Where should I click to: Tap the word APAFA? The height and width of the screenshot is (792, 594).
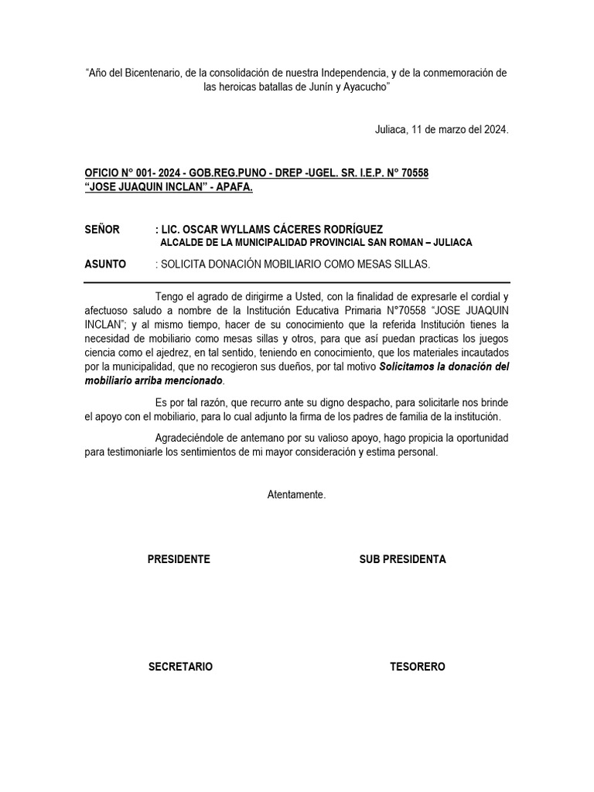232,187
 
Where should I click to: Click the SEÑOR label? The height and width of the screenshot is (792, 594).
102,229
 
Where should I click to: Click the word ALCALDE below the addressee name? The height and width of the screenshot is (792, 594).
186,243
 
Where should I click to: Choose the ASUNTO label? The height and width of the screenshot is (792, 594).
104,264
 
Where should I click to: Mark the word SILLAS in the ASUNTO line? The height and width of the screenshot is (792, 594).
409,264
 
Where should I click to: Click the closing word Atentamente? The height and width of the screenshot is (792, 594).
296,494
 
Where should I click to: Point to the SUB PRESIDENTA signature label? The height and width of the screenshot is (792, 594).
402,559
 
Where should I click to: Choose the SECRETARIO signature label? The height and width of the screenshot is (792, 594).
180,667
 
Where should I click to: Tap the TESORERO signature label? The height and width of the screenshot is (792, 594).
418,667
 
